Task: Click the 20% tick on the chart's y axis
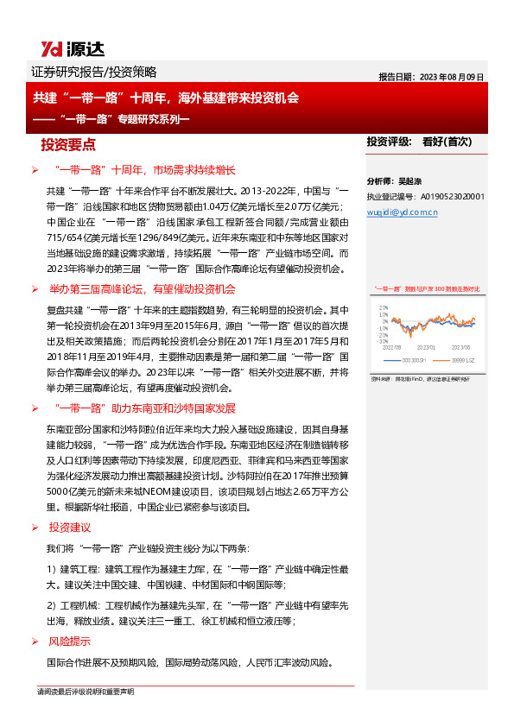381,307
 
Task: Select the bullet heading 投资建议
70,528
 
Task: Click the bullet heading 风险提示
70,642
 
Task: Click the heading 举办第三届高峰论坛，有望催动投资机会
143,289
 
